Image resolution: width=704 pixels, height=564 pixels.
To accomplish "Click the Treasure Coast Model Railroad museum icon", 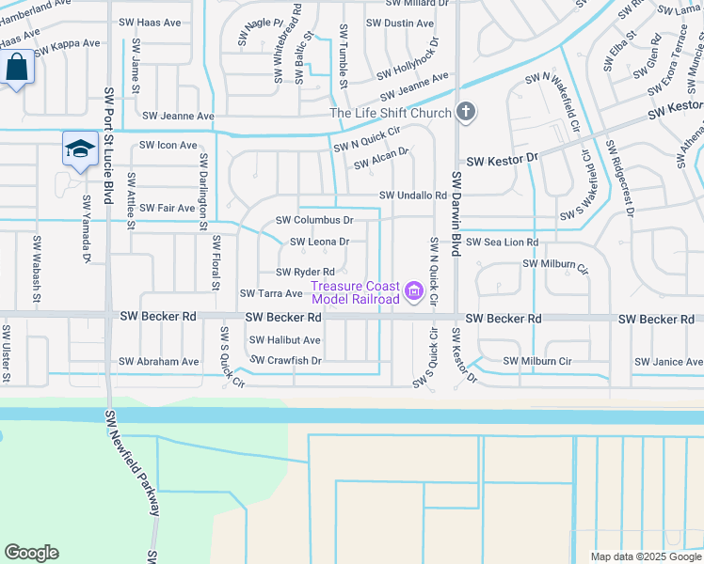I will tap(412, 294).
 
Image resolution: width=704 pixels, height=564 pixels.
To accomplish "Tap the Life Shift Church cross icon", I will tap(464, 113).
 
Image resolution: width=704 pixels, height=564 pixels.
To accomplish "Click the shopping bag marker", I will tap(17, 67).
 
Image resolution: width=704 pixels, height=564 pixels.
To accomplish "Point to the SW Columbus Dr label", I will tap(314, 220).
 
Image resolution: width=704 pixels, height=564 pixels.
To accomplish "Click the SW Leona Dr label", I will tap(320, 242).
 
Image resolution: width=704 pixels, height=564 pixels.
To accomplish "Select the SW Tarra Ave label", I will tap(271, 293).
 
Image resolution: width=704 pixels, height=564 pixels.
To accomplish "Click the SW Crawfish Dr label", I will tap(286, 360).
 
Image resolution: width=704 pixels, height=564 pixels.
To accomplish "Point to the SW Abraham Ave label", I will tap(159, 361).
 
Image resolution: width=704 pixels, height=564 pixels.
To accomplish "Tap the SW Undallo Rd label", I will tap(412, 195).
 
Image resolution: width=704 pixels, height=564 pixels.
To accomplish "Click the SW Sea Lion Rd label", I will tap(499, 242).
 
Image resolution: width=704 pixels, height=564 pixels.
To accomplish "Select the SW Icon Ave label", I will tap(168, 145).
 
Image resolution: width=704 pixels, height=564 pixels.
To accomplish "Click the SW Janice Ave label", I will tap(668, 361).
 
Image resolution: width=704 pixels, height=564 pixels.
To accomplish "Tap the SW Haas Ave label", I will tap(151, 21).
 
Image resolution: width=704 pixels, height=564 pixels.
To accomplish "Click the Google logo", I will tap(32, 553).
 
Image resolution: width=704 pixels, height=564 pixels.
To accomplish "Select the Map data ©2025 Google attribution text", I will tap(645, 556).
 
